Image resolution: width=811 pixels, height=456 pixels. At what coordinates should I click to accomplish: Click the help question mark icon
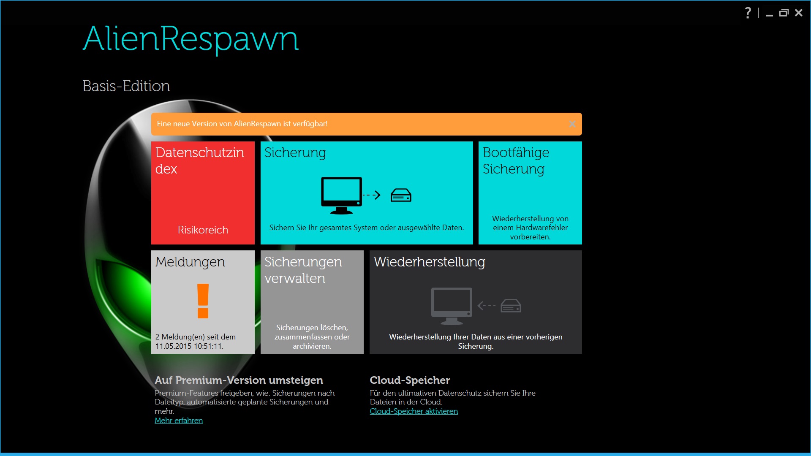click(x=748, y=13)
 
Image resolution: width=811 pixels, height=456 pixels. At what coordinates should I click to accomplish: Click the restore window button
click(x=784, y=13)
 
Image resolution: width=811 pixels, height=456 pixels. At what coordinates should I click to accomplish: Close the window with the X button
click(x=798, y=13)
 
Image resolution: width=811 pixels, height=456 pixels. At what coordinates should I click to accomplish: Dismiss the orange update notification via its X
click(x=572, y=124)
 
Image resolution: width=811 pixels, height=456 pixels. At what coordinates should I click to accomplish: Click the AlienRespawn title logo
click(x=191, y=39)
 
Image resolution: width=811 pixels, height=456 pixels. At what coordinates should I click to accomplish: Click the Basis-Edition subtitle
click(x=126, y=86)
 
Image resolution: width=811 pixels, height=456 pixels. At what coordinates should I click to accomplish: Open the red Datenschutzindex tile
click(x=203, y=193)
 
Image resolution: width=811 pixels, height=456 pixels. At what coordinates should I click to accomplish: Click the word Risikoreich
click(x=203, y=230)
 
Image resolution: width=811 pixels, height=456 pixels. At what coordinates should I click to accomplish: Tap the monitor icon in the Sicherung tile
click(x=341, y=195)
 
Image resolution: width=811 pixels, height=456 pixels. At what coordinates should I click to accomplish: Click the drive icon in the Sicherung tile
click(x=401, y=195)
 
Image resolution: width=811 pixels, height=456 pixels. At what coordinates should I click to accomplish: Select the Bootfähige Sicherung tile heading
click(x=516, y=160)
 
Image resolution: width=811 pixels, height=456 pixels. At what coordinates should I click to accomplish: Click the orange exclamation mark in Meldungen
click(x=203, y=301)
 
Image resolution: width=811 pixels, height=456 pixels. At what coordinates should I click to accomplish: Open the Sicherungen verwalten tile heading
click(x=303, y=270)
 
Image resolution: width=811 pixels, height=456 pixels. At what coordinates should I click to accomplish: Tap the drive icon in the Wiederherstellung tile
click(x=511, y=306)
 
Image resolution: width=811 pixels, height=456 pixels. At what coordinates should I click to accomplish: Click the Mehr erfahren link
click(x=179, y=421)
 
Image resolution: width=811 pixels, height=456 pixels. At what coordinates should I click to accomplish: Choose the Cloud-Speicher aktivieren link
click(x=414, y=411)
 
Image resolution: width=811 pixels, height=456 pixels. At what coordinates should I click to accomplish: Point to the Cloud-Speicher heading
click(x=410, y=380)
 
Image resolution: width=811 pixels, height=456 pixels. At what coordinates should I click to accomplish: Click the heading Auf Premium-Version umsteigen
click(x=239, y=380)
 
